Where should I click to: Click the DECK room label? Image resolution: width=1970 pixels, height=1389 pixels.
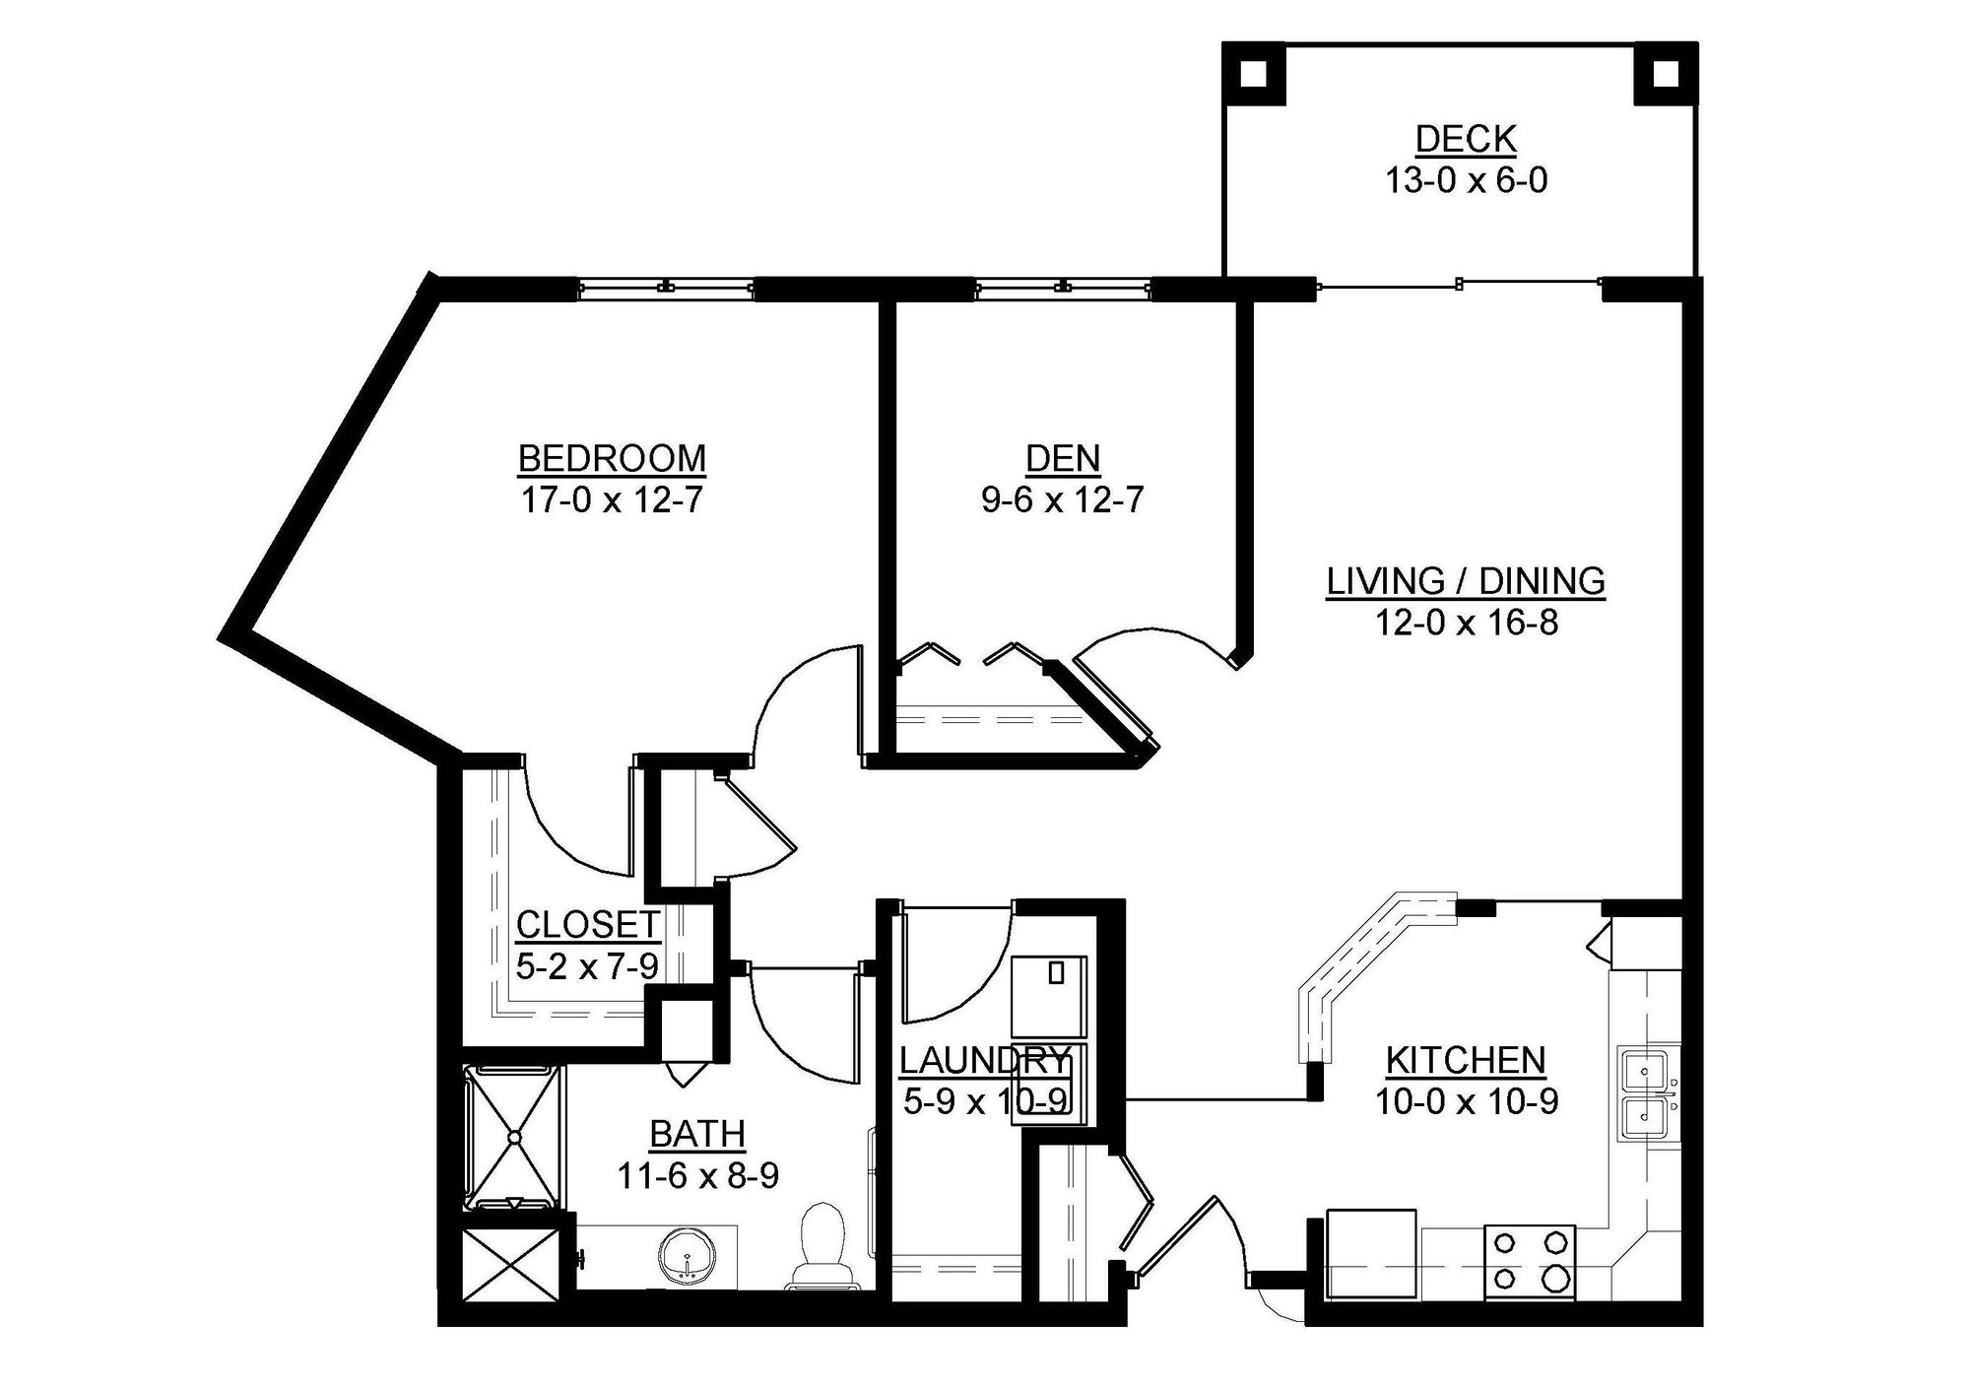point(1466,139)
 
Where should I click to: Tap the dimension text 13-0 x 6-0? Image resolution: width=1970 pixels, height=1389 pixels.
point(1466,181)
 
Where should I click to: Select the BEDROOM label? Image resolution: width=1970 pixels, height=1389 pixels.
point(612,459)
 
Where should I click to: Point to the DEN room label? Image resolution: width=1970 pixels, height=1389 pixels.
point(1063,459)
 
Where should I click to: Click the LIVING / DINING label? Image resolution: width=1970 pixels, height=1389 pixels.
point(1466,581)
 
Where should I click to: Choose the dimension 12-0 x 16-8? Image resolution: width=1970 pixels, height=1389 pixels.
point(1466,624)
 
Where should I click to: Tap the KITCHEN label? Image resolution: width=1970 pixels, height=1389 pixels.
point(1466,1060)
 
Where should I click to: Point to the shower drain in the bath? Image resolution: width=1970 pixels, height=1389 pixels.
point(513,1137)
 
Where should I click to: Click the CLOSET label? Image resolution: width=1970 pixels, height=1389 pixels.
point(587,925)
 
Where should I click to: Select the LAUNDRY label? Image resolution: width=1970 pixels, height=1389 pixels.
point(983,1060)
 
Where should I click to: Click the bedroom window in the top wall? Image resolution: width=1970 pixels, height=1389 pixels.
point(667,288)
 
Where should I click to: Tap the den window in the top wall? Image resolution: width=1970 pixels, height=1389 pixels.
point(1062,288)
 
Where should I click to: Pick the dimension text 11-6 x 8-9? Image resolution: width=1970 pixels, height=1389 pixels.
point(697,1176)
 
